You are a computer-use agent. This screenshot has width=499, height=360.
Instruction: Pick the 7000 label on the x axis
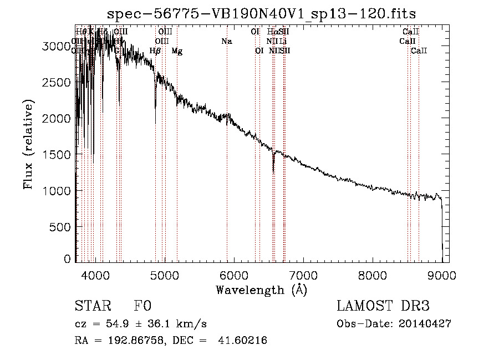click(x=303, y=274)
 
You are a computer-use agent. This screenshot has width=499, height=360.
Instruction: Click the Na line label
click(x=226, y=41)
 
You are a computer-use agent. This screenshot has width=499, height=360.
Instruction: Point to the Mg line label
click(x=177, y=51)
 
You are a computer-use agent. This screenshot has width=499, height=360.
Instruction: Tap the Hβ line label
click(x=155, y=51)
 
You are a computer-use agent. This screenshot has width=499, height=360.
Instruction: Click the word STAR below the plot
click(x=93, y=307)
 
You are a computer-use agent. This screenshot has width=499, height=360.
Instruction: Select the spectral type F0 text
click(x=142, y=307)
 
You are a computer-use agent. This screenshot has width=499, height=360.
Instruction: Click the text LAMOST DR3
click(x=383, y=307)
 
